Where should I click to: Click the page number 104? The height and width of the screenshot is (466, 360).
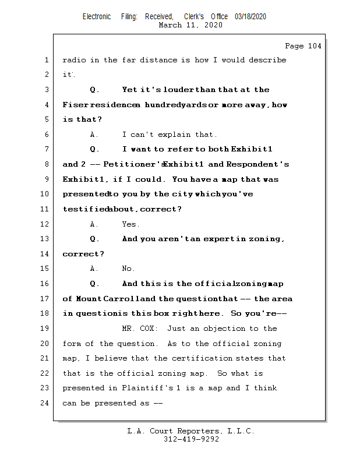click(x=312, y=46)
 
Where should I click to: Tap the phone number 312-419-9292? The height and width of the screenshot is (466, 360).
click(x=191, y=439)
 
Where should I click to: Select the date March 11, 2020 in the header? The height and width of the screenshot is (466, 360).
click(x=190, y=25)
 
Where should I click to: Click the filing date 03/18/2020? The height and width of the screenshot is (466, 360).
click(x=250, y=16)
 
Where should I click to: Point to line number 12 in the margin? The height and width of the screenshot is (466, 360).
click(x=45, y=224)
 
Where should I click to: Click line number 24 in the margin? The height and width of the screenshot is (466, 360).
click(x=45, y=403)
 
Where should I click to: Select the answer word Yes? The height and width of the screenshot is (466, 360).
click(x=130, y=224)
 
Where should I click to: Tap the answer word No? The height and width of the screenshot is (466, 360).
click(x=128, y=269)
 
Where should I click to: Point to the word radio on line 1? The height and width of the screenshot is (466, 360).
click(x=74, y=60)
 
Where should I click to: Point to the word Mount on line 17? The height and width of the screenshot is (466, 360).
click(x=89, y=299)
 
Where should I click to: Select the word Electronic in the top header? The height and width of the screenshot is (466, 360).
click(x=97, y=16)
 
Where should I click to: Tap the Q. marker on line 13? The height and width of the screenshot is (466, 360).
click(x=95, y=239)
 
